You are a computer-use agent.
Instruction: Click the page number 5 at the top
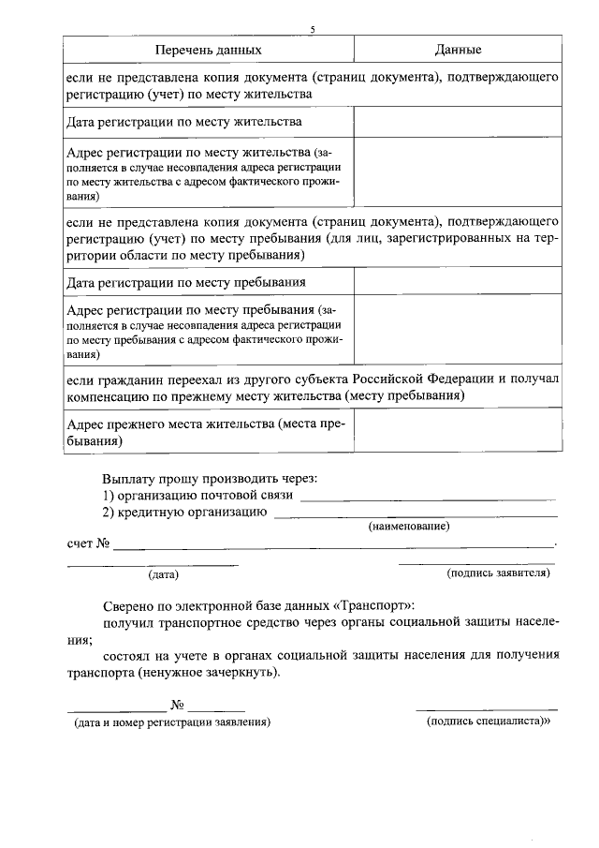pyautogui.click(x=313, y=29)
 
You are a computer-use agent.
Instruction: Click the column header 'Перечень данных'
pyautogui.click(x=209, y=49)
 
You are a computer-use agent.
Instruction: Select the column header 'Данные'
pyautogui.click(x=459, y=49)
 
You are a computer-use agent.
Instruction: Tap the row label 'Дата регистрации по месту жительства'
pyautogui.click(x=184, y=123)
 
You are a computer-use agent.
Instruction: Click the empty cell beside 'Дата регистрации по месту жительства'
pyautogui.click(x=458, y=122)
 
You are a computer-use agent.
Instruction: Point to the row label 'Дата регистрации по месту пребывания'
pyautogui.click(x=187, y=282)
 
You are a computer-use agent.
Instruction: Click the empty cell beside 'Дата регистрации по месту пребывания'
pyautogui.click(x=458, y=282)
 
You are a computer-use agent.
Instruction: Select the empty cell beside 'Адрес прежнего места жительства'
pyautogui.click(x=458, y=432)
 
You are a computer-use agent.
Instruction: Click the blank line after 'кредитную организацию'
pyautogui.click(x=416, y=515)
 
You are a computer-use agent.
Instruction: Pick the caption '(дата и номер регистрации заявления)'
pyautogui.click(x=172, y=722)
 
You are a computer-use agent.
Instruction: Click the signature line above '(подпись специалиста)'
pyautogui.click(x=487, y=709)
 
